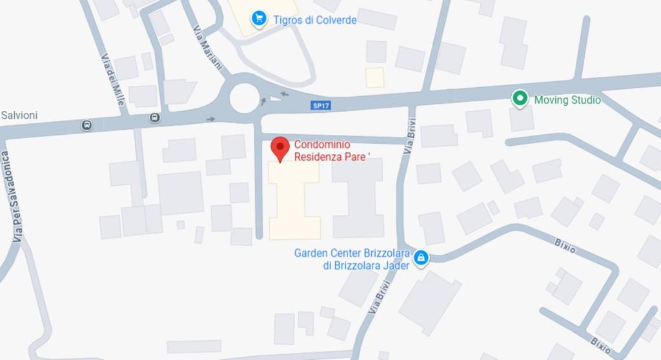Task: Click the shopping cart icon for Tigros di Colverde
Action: [x=259, y=18]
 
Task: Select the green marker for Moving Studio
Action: [x=519, y=99]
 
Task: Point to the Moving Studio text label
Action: [x=567, y=100]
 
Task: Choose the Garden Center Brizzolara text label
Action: [x=352, y=259]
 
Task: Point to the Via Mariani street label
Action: [x=207, y=48]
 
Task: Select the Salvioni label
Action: [x=19, y=115]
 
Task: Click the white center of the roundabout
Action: [x=245, y=98]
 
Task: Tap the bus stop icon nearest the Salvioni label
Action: [x=86, y=125]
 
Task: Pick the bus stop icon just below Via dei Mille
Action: [x=154, y=117]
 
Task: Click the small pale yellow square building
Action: [x=374, y=77]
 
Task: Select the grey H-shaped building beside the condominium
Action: [x=358, y=197]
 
